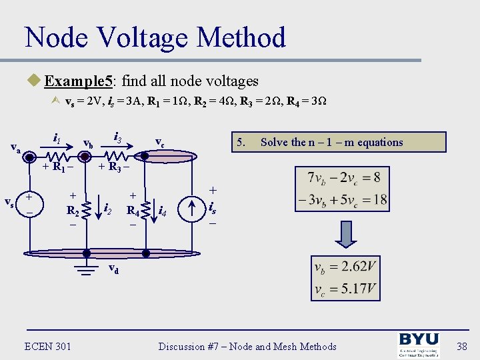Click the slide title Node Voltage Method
click(x=155, y=37)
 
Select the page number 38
click(x=462, y=347)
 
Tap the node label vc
click(x=160, y=142)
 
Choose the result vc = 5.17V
click(x=345, y=290)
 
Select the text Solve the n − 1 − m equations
click(x=331, y=142)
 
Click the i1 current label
click(x=57, y=138)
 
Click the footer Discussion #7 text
click(x=247, y=347)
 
